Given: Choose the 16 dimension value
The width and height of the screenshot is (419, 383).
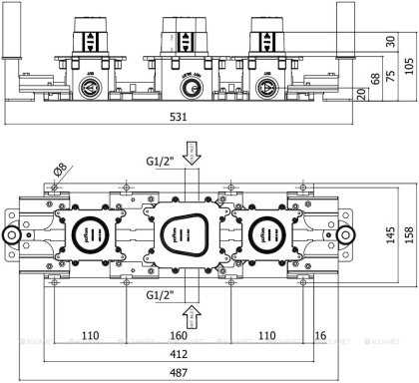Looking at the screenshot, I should pos(321,336).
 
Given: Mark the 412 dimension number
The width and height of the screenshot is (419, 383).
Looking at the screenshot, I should pos(178,354).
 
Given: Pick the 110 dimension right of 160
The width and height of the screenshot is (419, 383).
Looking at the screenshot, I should pos(267,336).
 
